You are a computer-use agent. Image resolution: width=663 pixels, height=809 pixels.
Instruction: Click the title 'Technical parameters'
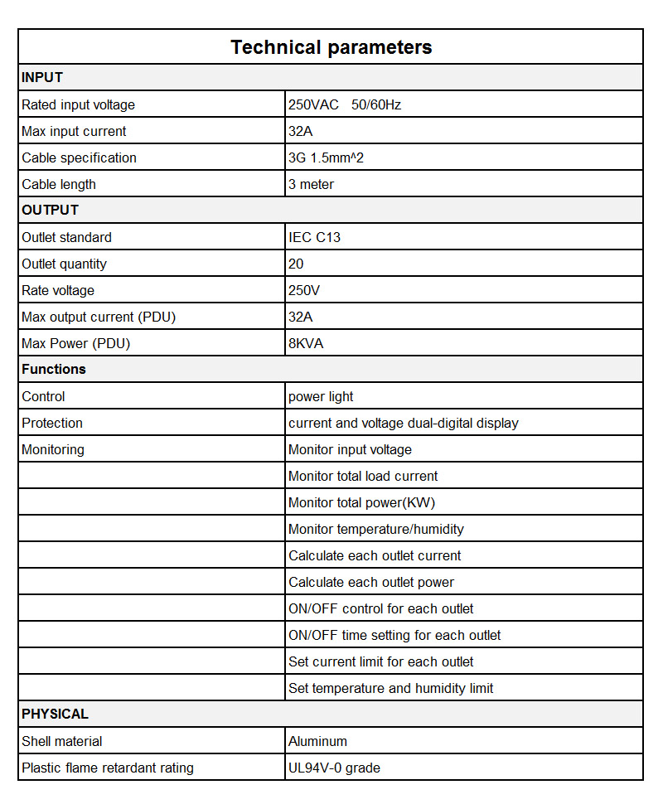[x=331, y=47]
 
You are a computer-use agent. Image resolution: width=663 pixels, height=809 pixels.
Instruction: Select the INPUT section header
[x=42, y=78]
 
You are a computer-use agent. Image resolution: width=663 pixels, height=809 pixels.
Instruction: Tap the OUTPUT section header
[x=51, y=211]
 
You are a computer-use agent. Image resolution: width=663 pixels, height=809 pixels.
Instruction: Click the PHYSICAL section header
[x=55, y=715]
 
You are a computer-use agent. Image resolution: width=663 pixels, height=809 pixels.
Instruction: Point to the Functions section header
[x=54, y=370]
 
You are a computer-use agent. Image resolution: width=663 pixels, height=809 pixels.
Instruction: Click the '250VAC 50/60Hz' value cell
[x=344, y=104]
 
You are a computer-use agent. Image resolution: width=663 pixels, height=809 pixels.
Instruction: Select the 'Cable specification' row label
[x=80, y=157]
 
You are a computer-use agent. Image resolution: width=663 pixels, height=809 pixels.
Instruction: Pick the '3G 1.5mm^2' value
[x=326, y=157]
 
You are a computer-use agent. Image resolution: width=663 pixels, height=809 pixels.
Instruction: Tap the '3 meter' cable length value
[x=312, y=184]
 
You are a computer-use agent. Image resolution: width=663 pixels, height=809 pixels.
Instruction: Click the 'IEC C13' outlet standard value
[x=314, y=237]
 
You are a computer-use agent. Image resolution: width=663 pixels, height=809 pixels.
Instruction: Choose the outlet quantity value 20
[x=296, y=264]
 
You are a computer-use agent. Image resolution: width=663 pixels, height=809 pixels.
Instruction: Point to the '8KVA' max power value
[x=306, y=343]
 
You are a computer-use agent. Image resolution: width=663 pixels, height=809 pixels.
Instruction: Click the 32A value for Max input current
[x=300, y=131]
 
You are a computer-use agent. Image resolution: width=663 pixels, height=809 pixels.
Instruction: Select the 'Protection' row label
[x=52, y=423]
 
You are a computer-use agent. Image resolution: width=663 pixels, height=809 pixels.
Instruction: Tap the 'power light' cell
[x=321, y=396]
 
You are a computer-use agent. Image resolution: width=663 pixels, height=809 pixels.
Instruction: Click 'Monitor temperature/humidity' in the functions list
[x=376, y=529]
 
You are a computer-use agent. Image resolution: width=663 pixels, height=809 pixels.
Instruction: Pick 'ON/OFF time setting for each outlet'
[x=394, y=635]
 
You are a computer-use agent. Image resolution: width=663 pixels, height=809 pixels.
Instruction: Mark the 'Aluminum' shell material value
[x=317, y=741]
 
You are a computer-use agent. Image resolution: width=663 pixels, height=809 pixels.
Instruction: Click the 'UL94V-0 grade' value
[x=334, y=768]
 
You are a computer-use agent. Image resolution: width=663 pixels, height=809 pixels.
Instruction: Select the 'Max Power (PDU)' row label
[x=76, y=343]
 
